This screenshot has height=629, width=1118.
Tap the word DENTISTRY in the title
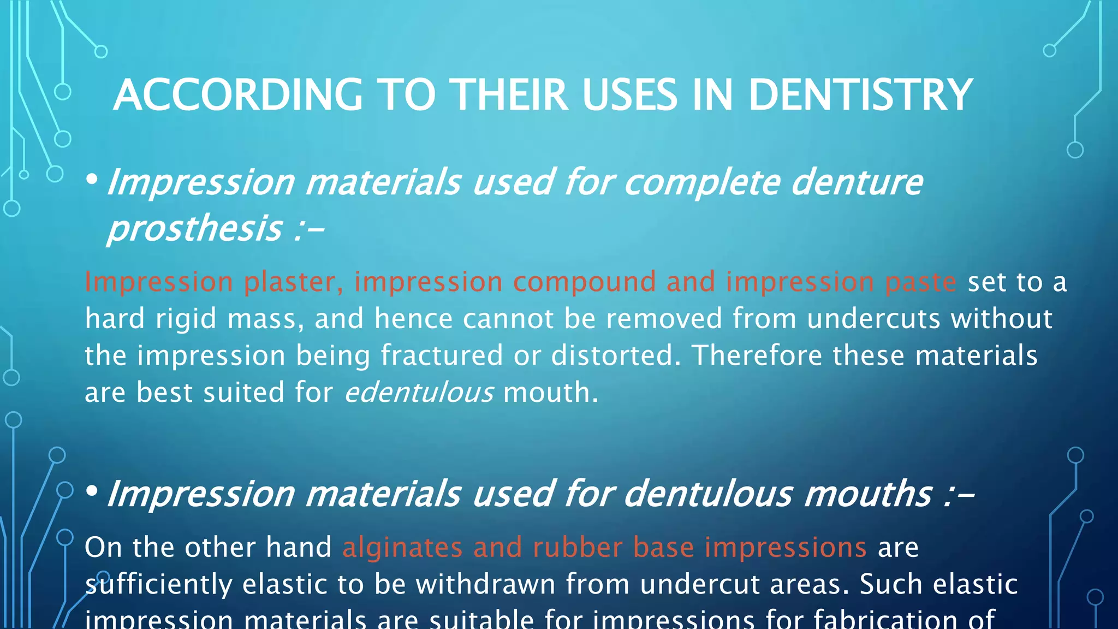coord(860,95)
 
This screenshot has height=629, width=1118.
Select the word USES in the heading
coord(629,95)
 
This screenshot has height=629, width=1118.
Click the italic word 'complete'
coord(701,183)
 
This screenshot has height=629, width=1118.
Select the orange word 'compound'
coord(584,282)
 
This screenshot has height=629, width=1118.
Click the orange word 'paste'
coord(920,282)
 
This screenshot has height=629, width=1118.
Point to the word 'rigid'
coord(186,319)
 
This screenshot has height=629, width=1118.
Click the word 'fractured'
coord(441,356)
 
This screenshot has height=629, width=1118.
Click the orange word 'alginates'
coord(402,548)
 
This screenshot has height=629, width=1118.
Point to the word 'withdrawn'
coord(485,585)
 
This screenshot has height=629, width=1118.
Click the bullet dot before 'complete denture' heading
coord(92,179)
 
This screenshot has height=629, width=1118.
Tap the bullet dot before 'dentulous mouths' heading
coord(92,491)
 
